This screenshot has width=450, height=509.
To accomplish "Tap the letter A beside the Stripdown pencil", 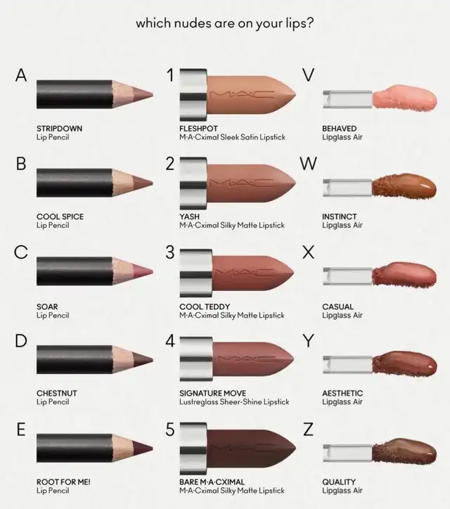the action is [21, 75].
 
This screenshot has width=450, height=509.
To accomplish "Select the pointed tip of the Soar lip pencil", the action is [153, 271].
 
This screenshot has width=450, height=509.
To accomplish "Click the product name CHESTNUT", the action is [57, 393].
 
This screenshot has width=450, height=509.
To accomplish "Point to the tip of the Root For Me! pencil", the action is [153, 449].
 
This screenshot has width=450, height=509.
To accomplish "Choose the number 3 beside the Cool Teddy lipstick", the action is [170, 252].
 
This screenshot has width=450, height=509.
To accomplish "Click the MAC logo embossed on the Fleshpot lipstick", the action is [242, 94].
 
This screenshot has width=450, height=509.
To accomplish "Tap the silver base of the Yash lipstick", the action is [193, 183].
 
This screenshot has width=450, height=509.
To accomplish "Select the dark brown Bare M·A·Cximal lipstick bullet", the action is [251, 449].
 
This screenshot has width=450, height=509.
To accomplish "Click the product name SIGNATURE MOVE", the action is [212, 393].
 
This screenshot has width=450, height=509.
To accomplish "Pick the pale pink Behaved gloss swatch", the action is [405, 98].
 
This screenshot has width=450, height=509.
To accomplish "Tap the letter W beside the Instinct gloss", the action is [308, 164].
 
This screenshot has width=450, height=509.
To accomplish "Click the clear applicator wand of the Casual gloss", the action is [347, 276].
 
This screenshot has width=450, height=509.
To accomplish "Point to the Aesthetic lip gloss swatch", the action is [404, 364].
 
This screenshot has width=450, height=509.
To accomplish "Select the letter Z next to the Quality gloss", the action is [308, 430].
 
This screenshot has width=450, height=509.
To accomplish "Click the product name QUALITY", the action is [339, 482].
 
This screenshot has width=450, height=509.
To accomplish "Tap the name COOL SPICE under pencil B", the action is [60, 217].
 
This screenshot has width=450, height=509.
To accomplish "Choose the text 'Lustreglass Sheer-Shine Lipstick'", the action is [234, 402].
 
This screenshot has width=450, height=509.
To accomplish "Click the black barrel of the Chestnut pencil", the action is [75, 360].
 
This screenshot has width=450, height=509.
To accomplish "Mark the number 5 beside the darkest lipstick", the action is [170, 430].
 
